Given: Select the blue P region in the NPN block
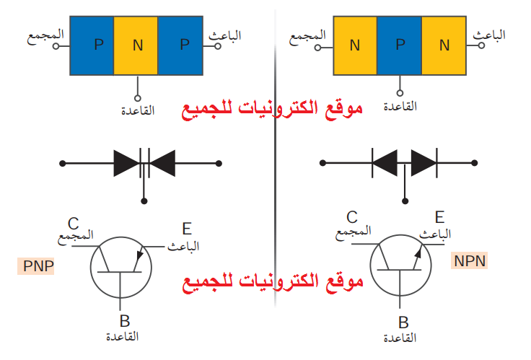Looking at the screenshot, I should point(400,45).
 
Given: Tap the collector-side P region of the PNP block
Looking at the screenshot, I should point(92,45).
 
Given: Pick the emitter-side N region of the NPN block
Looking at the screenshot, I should point(444,45).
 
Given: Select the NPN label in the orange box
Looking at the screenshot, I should point(470,261).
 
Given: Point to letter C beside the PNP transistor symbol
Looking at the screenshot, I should point(74,222).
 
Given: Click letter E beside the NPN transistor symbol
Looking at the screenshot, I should point(439,218).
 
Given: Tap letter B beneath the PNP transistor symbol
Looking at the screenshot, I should point(124,322).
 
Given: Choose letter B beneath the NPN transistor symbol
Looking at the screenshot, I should point(403,322).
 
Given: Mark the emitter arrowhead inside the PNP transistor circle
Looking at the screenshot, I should point(140,253).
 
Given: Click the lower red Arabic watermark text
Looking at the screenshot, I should point(272,283).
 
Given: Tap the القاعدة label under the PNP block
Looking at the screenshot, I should point(137,110).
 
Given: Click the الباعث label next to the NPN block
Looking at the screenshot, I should point(489,34).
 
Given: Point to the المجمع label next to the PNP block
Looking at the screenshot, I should point(45,35).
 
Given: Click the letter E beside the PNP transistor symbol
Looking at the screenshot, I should point(187,230).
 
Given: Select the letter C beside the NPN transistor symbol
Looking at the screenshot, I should point(352,217).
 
